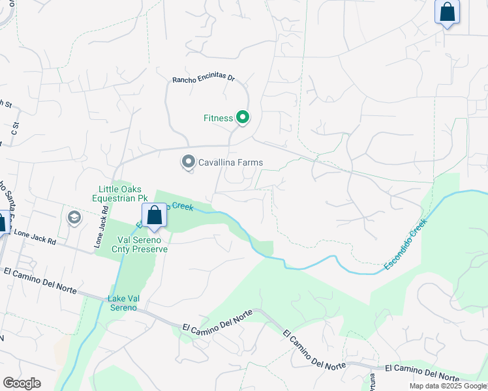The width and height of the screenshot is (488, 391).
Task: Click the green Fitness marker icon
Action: point(243,118)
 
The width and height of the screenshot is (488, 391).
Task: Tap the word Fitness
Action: point(218,118)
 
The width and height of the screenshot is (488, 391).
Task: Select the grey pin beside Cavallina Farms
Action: point(189,161)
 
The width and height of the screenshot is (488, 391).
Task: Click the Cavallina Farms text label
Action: point(231,162)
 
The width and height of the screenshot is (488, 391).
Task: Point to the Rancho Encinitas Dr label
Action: point(203,79)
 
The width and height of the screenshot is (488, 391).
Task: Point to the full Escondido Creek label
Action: point(405,244)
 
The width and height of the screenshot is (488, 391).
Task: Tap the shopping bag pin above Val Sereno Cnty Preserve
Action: point(155,216)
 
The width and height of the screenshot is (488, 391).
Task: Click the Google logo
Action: point(22,383)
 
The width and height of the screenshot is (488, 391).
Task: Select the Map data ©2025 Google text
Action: point(448,386)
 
